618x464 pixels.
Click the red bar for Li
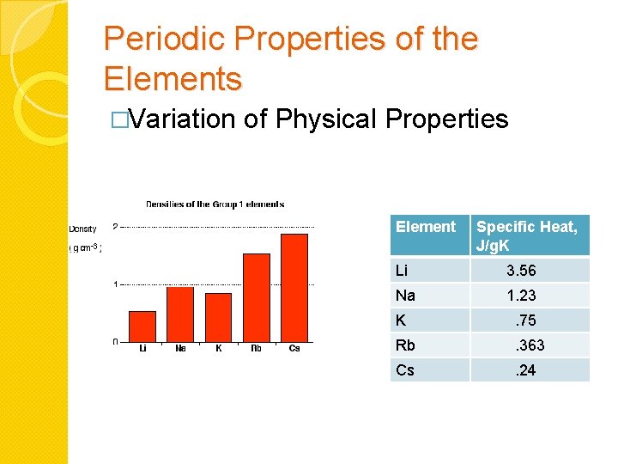[x=142, y=326]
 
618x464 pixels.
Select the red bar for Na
[x=180, y=314]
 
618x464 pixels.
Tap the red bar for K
[x=218, y=317]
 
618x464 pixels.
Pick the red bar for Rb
[x=256, y=297]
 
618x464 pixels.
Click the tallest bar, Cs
[x=294, y=287]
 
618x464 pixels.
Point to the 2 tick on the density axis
[x=116, y=227]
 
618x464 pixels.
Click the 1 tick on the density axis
[x=116, y=284]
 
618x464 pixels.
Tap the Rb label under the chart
[x=256, y=348]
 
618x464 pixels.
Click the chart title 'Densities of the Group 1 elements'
[x=215, y=205]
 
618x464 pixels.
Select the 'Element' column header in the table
[x=425, y=227]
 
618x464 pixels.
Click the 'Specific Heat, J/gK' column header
[x=527, y=235]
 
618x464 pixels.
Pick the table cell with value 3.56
[x=521, y=271]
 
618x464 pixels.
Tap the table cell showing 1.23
[x=521, y=296]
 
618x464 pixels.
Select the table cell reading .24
[x=524, y=370]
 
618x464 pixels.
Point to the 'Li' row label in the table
[x=402, y=271]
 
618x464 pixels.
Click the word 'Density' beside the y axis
[x=83, y=229]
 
